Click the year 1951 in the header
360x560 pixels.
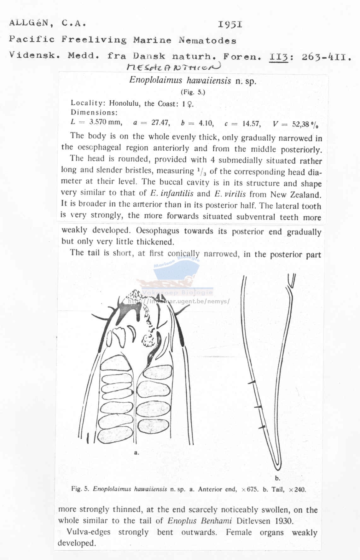point(230,25)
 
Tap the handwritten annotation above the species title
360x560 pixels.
point(173,67)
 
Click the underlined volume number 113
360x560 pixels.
point(279,57)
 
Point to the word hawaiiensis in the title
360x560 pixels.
point(209,81)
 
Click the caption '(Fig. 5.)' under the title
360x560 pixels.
point(193,92)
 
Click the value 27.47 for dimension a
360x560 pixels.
point(160,123)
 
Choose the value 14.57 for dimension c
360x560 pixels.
point(251,124)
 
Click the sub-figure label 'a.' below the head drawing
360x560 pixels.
point(136,452)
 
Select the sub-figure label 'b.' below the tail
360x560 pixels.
point(277,478)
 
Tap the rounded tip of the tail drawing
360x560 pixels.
point(277,467)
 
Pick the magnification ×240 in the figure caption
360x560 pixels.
point(297,490)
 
